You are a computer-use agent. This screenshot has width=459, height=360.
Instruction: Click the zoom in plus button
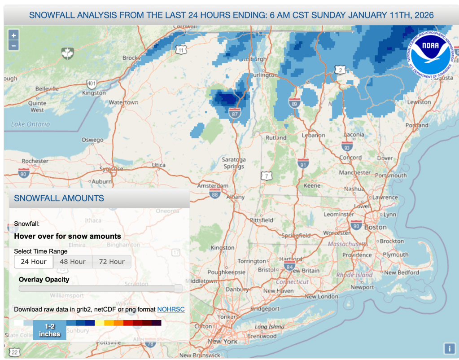(13, 35)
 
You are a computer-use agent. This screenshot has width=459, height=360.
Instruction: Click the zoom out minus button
(13, 45)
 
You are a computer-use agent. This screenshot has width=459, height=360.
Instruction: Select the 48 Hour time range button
(73, 262)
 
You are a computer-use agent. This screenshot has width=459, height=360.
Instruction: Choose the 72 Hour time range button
(112, 262)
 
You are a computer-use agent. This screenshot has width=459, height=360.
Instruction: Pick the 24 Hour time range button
(34, 262)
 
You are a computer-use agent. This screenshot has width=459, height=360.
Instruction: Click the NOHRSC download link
(171, 310)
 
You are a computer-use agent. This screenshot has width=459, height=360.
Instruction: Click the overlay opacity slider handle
(178, 288)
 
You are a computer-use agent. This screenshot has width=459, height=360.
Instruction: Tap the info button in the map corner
(449, 348)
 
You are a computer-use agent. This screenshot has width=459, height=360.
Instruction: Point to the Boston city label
(375, 227)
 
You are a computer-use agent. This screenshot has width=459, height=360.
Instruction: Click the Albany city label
(235, 197)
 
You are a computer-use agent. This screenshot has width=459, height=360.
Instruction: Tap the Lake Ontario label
(31, 124)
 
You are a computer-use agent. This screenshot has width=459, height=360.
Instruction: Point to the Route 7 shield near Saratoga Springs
(267, 176)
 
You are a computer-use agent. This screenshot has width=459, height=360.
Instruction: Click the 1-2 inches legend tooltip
(49, 331)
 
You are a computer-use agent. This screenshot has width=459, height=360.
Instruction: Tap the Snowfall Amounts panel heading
(59, 198)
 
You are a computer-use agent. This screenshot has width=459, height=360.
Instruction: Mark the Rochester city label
(35, 161)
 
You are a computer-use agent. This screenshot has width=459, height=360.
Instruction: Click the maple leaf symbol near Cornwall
(67, 53)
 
